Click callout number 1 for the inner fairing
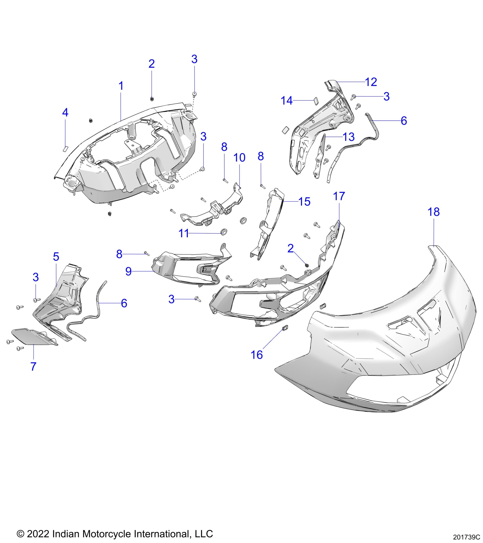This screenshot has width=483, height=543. pos(121,86)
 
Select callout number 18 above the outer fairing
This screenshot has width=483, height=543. pos(434,212)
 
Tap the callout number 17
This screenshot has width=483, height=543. pos(339,196)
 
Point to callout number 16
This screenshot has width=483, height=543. pos(257,355)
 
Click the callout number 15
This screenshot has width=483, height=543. pos(304,202)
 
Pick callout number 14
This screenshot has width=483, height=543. pos(287,101)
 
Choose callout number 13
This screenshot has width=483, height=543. pos(349,137)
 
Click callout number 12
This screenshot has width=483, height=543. pos(371,82)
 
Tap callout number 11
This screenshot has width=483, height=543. pos(184,233)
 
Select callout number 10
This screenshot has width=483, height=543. pos(239,158)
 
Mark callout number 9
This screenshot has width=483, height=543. pos(128,271)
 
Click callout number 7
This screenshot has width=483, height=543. pos(34,366)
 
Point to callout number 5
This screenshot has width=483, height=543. pos(56,257)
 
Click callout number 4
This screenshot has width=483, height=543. pos(65,113)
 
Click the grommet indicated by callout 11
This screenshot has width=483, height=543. pos(224,232)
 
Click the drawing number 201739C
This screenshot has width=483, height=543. pos(467,537)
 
